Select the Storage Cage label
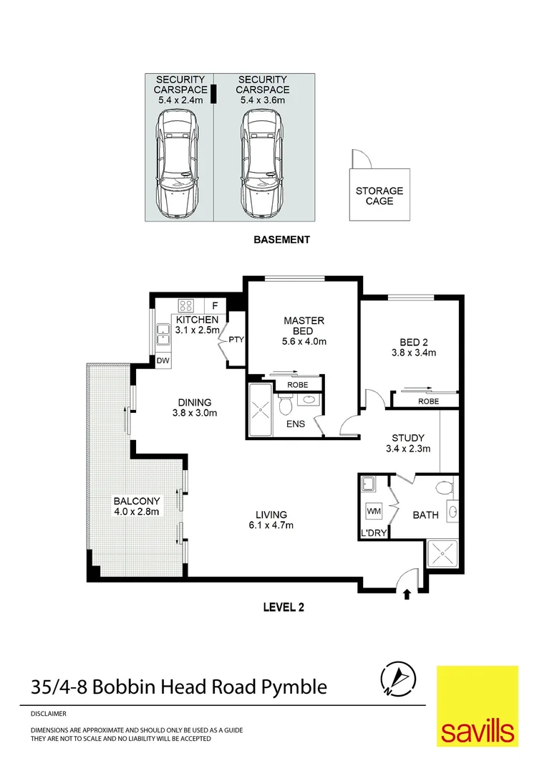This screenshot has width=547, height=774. point(379,196)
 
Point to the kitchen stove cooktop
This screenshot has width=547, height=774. point(186,305)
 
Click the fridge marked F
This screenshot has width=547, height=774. point(214,305)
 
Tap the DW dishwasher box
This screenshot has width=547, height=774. point(163,361)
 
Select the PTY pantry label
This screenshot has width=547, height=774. point(236,340)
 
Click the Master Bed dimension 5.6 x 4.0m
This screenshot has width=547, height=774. point(304,342)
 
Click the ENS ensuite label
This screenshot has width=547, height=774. point(295,424)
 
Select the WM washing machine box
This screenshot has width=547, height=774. point(373,512)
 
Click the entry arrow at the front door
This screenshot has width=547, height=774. point(407,594)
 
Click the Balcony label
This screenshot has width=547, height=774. point(136,500)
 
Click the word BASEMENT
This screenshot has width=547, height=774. point(282,239)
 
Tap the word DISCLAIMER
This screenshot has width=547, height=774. point(48,714)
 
